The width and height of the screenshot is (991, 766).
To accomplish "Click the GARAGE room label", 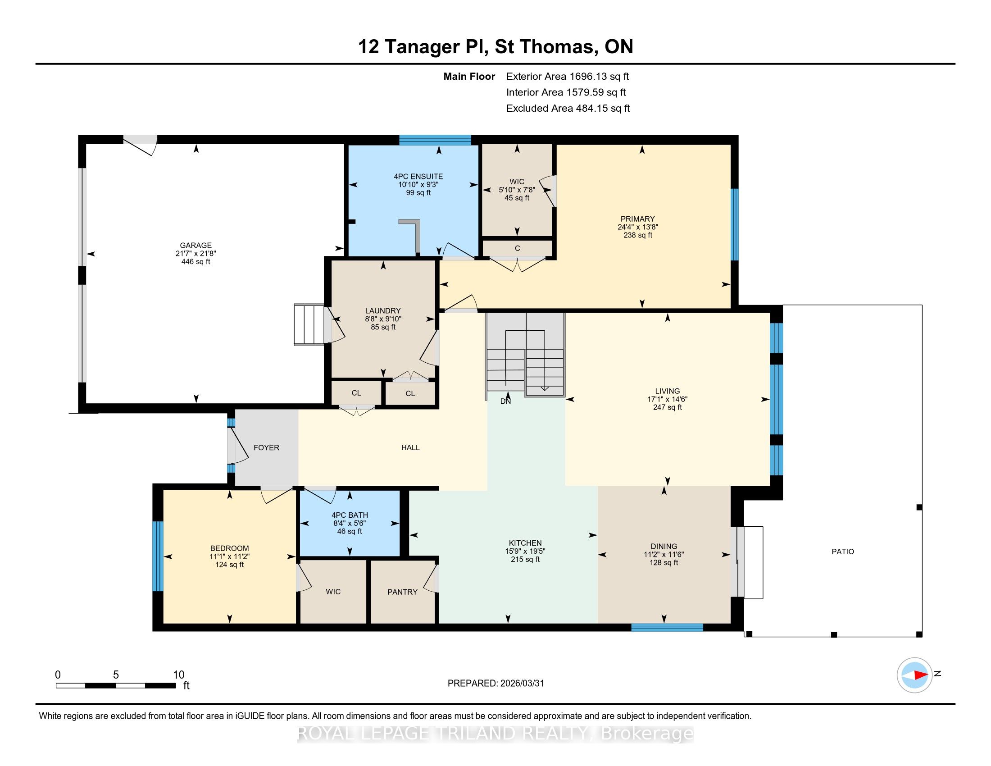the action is click(195, 246).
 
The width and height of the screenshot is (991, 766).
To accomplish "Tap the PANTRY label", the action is click(402, 592).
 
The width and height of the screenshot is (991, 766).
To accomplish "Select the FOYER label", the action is click(266, 447).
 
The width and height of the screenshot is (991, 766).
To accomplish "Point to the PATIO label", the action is click(843, 552).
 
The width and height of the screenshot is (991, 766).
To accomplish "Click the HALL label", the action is click(410, 447).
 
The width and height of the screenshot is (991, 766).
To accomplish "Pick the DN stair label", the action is click(505, 401).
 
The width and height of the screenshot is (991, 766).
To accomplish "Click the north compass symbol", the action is click(914, 675).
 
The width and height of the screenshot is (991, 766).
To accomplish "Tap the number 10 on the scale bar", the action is click(179, 675).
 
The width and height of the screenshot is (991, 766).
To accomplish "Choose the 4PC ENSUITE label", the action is click(418, 177).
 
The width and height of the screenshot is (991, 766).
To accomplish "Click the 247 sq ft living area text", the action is click(667, 407).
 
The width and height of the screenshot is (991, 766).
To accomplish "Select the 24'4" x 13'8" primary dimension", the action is click(637, 227).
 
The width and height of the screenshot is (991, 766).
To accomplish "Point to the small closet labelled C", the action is click(517, 248).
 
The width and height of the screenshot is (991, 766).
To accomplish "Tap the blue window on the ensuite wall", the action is click(435, 140).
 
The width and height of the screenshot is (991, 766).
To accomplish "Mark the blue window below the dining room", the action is click(667, 628).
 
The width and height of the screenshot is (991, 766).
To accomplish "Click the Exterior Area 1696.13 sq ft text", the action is click(568, 77).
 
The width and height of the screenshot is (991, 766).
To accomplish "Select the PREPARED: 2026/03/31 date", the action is click(495, 683).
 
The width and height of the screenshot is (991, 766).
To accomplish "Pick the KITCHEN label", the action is click(525, 543).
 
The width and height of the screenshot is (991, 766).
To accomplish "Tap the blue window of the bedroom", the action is click(158, 556).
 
